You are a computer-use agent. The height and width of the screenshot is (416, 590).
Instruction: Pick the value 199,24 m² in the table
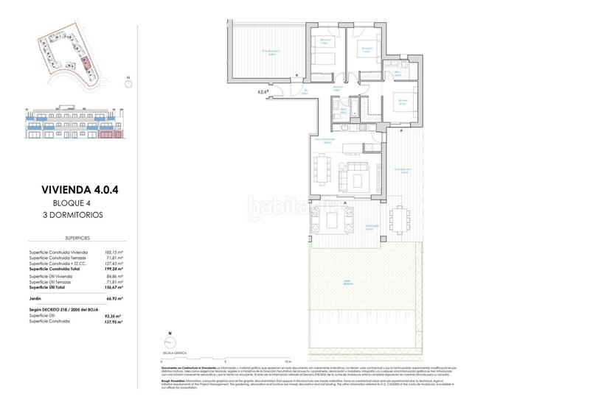click(112, 269)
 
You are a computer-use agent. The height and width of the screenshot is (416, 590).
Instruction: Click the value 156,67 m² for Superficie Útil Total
click(112, 288)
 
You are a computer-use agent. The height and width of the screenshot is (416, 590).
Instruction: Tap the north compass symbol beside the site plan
click(128, 82)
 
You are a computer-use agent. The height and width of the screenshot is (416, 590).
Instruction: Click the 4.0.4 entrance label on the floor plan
click(263, 92)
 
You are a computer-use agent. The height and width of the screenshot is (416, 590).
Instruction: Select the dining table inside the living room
click(320, 169)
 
